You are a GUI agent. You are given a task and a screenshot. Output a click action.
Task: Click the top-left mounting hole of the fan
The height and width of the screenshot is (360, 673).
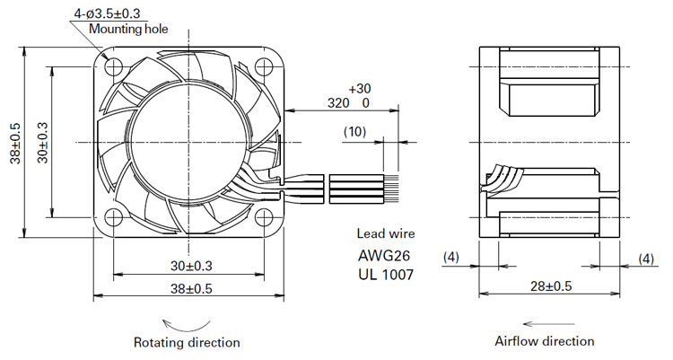pos(113,66)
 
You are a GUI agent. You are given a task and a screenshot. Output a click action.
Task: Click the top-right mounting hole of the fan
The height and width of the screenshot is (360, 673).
pos(264,66)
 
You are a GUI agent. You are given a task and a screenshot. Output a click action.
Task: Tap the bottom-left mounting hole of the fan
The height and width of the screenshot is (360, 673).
pos(113,217)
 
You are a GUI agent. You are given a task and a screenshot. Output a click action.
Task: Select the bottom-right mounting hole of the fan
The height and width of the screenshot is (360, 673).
pos(264,217)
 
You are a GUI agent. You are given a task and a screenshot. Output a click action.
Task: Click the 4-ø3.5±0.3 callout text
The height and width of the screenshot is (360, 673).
pos(107,13)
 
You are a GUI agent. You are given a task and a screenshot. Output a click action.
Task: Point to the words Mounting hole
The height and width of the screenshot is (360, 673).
pos(128,30)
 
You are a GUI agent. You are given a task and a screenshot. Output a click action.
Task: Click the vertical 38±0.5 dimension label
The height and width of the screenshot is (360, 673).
pos(16,143)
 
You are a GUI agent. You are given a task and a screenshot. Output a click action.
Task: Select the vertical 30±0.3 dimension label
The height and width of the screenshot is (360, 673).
pos(42,143)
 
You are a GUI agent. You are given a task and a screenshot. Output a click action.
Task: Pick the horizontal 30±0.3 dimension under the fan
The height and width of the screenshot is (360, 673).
pos(191,266)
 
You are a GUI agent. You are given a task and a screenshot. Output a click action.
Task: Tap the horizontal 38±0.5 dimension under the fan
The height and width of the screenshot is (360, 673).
pos(191,289)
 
